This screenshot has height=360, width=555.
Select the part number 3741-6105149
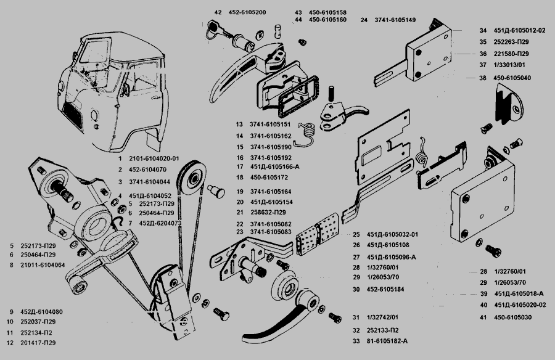pos(395,20)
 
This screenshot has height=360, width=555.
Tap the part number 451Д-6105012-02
pos(522,30)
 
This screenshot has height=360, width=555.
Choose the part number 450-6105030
pos(512,317)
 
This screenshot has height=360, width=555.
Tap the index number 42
pos(218,12)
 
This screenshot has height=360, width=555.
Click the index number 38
pos(483,78)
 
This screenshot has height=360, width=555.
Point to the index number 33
pos(355,341)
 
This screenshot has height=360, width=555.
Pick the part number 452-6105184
pos(387,288)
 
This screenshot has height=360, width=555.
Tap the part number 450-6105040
pos(512,78)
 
